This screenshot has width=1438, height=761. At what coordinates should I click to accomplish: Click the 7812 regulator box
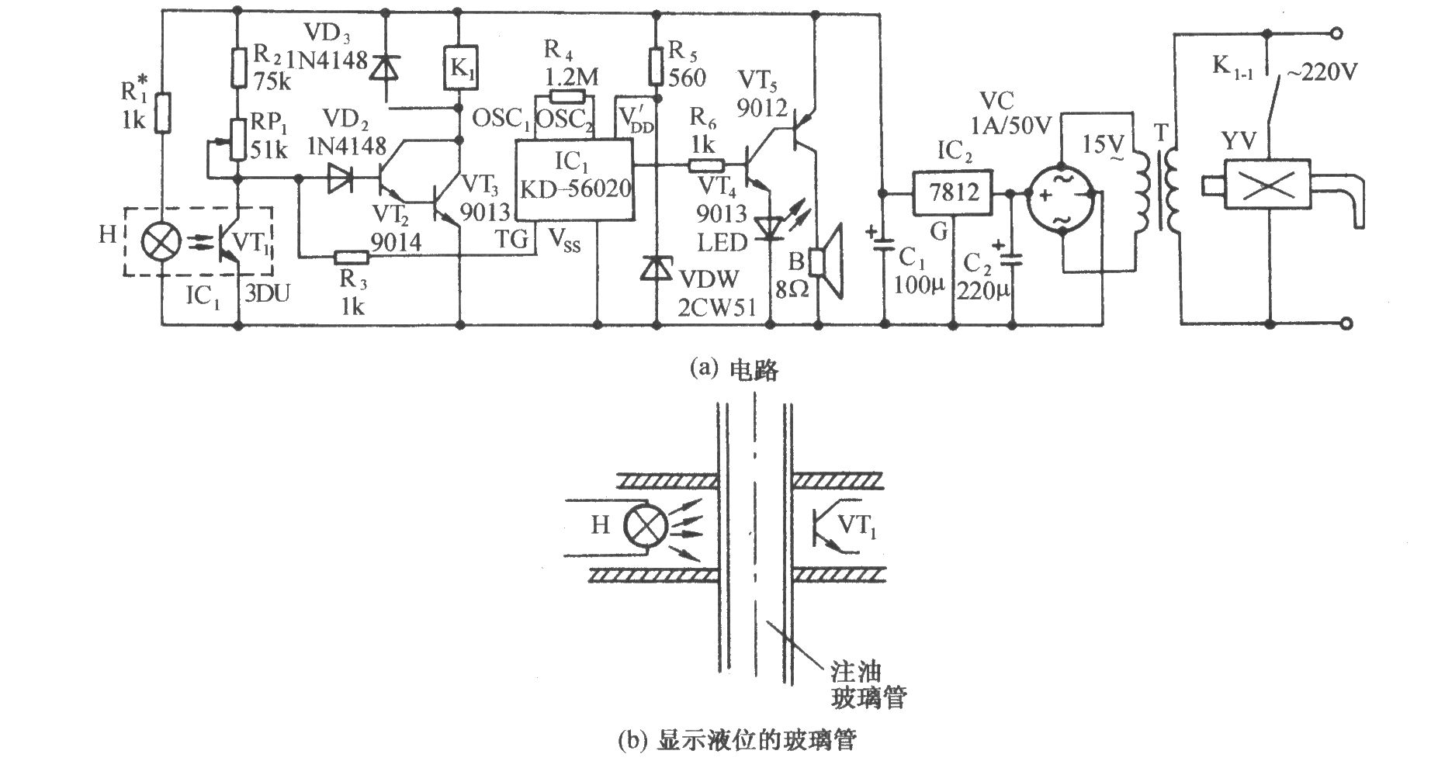[x=954, y=192]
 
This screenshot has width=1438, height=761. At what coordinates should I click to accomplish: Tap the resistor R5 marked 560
[x=657, y=66]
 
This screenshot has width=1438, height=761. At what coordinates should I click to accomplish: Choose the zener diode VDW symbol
[x=657, y=268]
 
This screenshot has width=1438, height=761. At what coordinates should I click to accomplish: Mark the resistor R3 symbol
[x=352, y=256]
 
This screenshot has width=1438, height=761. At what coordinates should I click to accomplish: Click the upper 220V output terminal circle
[x=1336, y=33]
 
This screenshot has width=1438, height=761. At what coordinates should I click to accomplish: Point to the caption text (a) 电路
[x=733, y=370]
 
